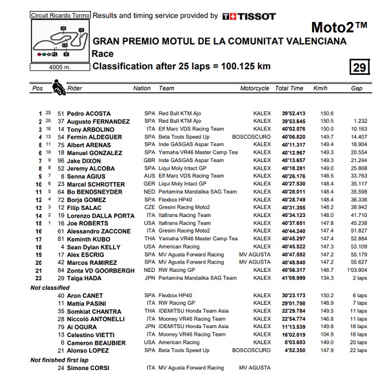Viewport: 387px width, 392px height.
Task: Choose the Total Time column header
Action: [288, 88]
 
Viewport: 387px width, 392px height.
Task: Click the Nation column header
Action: [142, 88]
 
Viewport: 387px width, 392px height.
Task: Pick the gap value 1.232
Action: [359, 121]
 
